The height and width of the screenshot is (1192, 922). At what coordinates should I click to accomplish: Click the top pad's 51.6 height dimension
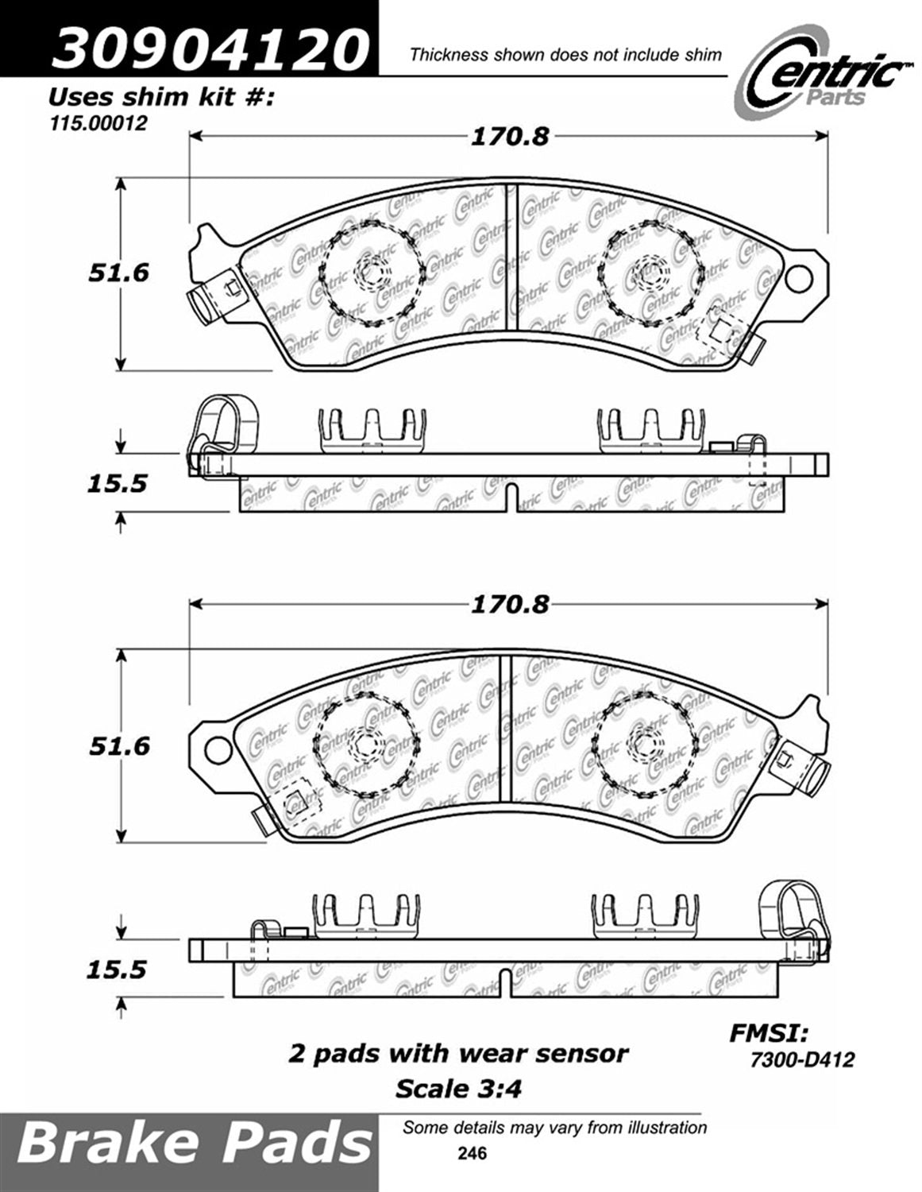click(x=118, y=273)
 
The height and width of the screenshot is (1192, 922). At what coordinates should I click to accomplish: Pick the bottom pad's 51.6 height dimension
click(x=118, y=746)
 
